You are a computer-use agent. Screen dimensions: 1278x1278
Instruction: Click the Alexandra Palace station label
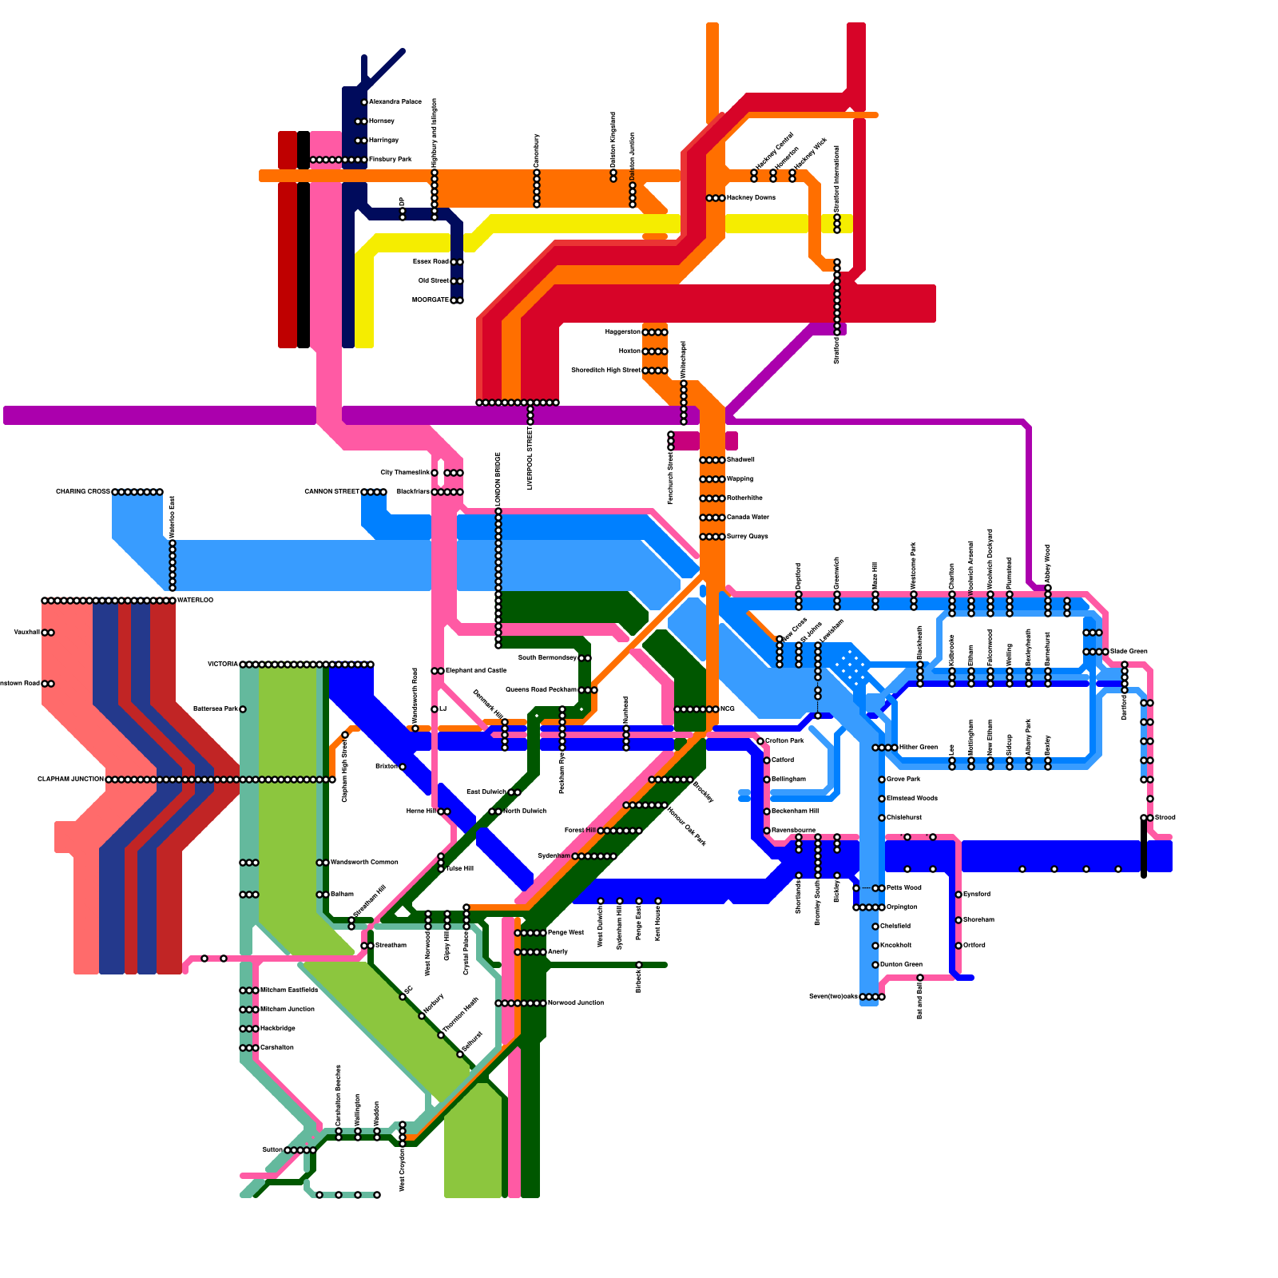(395, 102)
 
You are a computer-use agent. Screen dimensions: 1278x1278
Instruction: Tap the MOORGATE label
(431, 300)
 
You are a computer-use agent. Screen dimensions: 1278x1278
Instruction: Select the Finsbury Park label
(390, 160)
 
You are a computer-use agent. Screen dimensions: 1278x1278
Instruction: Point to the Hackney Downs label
(751, 198)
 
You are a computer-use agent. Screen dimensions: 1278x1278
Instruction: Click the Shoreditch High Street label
(605, 371)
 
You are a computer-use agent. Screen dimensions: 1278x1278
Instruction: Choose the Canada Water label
(748, 518)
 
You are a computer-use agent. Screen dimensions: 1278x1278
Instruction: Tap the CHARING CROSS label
(82, 492)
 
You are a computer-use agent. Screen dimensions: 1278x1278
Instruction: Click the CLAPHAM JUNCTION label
(70, 780)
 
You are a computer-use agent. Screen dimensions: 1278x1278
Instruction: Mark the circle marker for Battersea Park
(243, 709)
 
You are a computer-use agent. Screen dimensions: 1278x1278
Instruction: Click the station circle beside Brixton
(403, 767)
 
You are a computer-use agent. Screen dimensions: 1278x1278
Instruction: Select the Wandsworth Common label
(364, 863)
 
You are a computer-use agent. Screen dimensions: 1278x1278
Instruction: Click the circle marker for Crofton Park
(760, 741)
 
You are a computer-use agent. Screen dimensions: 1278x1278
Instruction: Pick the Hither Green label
(918, 748)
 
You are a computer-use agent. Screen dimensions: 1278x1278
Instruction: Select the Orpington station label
(902, 907)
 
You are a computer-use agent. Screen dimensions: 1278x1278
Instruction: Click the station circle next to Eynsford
(958, 895)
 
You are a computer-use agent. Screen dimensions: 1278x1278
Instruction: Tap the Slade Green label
(1129, 652)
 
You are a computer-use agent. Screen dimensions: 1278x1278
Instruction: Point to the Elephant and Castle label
(476, 671)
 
